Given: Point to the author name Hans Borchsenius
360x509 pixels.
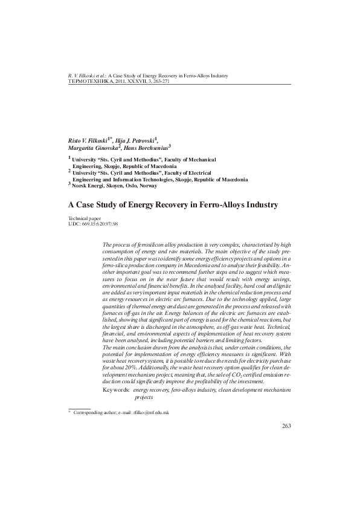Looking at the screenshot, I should [147, 147].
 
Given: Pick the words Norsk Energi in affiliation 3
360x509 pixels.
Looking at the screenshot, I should [88, 186].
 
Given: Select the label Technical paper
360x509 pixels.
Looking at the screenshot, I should [84, 218].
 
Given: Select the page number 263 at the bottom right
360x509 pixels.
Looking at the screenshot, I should [287, 427].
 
